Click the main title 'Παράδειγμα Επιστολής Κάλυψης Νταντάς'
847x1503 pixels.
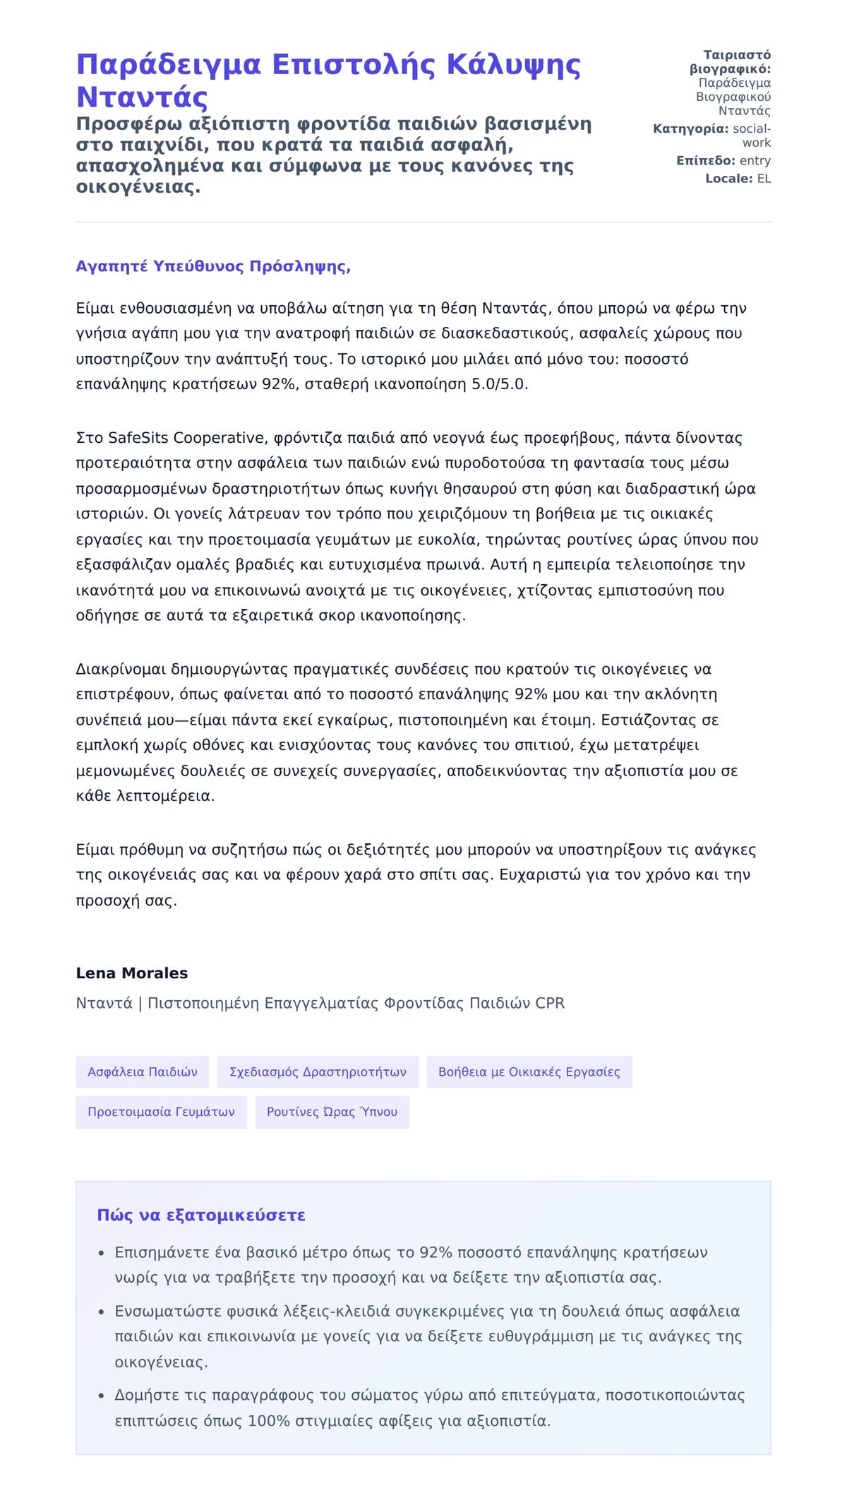click(x=328, y=80)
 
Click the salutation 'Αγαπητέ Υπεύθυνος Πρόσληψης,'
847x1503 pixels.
click(x=213, y=266)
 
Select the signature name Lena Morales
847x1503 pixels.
click(x=132, y=973)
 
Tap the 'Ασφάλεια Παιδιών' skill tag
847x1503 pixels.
click(x=143, y=1071)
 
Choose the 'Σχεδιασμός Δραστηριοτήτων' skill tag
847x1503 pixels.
click(x=318, y=1071)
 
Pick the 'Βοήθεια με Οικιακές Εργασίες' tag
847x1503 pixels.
click(x=529, y=1071)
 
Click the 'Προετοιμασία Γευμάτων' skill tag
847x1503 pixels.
click(x=161, y=1112)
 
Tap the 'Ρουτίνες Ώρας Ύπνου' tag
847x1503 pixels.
click(x=332, y=1112)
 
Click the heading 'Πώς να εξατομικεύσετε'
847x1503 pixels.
click(x=201, y=1215)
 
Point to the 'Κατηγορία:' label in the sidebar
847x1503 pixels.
click(x=690, y=129)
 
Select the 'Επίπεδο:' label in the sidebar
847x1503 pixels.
click(x=706, y=160)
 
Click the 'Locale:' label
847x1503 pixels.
click(x=729, y=179)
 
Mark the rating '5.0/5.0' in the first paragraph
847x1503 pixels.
click(x=500, y=384)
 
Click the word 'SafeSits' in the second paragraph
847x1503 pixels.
click(x=138, y=438)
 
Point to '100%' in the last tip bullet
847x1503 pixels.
click(x=268, y=1420)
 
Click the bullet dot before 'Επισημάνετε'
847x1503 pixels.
click(x=101, y=1254)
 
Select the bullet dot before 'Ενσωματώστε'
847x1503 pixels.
click(x=101, y=1312)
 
